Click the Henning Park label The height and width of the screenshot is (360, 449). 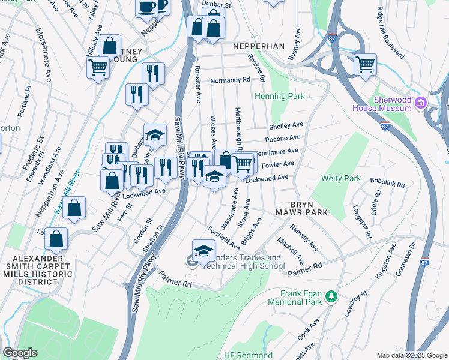click(x=280, y=96)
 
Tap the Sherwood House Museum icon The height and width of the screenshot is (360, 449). click(x=421, y=103)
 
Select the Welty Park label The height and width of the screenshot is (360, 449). click(x=341, y=178)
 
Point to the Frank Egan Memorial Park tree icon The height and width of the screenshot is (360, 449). click(x=330, y=296)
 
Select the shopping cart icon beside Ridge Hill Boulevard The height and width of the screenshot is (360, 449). click(x=364, y=64)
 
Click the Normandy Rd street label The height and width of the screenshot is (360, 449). click(x=230, y=80)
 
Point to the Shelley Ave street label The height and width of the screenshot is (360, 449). click(x=286, y=126)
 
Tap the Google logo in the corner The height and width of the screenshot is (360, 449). click(x=20, y=353)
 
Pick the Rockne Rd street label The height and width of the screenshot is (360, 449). click(x=257, y=67)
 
